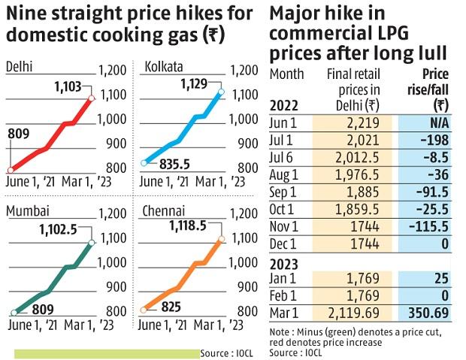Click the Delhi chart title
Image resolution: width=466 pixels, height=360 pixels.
[x=19, y=67]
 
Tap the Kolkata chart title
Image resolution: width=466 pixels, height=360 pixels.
[x=163, y=67]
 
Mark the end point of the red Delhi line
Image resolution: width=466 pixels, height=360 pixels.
[x=90, y=98]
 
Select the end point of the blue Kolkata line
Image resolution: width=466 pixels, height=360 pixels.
[x=221, y=92]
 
